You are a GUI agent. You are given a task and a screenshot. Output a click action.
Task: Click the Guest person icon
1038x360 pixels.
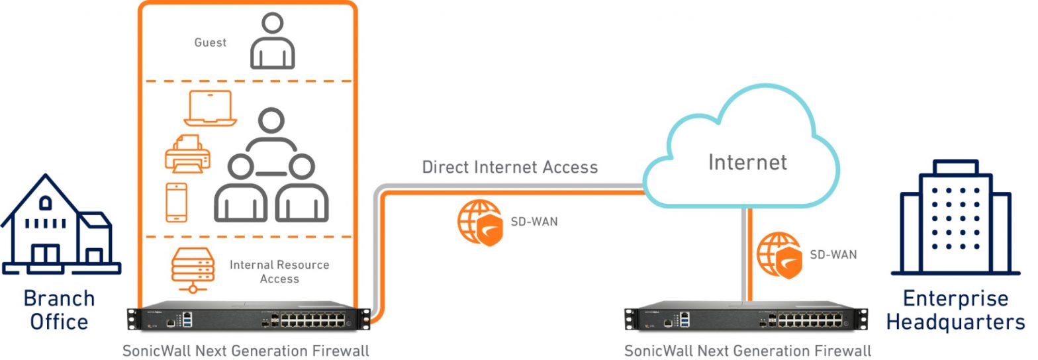[x=272, y=41]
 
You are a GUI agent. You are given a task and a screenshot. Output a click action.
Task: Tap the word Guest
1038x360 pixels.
[x=210, y=42]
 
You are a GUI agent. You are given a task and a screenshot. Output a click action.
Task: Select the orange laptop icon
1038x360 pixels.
[x=211, y=108]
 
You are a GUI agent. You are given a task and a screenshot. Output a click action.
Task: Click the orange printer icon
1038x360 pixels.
[x=187, y=154]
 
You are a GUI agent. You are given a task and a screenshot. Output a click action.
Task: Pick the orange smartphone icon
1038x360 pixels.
[x=176, y=202]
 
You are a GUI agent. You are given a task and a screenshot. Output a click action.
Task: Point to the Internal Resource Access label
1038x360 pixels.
[x=279, y=271]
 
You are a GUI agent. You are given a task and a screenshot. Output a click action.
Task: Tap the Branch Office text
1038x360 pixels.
[x=58, y=310]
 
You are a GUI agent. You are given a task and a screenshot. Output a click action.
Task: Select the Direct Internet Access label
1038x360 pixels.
[x=510, y=167]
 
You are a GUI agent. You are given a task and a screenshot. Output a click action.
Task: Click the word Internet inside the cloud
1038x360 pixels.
[x=747, y=162]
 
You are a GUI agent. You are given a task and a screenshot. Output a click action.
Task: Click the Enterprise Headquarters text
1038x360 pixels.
[x=955, y=310]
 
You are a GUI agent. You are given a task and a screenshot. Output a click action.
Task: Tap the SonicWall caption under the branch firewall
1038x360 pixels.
[x=246, y=349]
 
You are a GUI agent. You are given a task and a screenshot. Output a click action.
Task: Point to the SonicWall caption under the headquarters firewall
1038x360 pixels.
[x=747, y=349]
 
